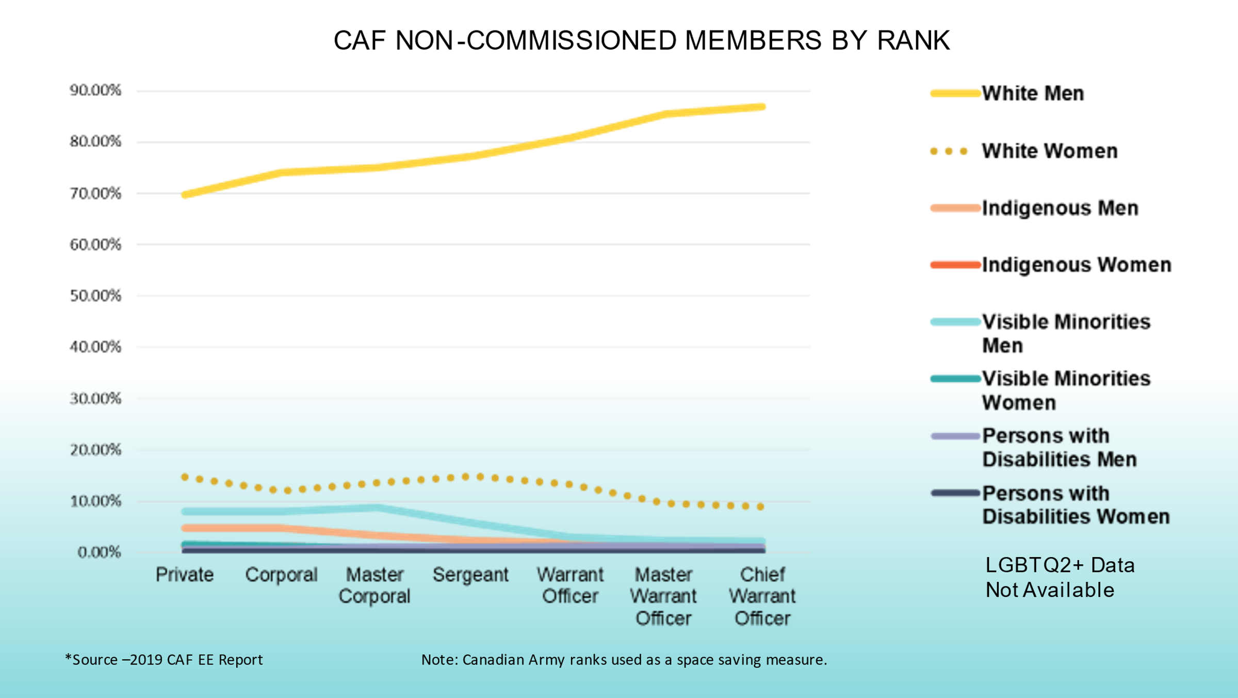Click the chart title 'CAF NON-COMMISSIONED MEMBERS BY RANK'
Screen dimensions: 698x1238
(641, 40)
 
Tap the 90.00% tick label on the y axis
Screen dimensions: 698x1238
(95, 90)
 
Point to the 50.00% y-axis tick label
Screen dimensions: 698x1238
(95, 296)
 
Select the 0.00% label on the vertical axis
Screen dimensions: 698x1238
(99, 552)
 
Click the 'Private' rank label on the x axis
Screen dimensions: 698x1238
(185, 575)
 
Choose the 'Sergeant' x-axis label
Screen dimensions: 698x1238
(470, 575)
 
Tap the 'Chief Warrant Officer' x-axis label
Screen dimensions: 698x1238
(762, 596)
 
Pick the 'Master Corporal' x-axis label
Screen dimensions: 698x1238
(374, 585)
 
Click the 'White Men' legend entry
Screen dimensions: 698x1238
(1033, 93)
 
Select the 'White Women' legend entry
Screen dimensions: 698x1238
(1049, 151)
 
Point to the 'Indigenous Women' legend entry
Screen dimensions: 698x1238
(1076, 265)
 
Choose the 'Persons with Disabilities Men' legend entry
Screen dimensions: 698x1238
(1058, 448)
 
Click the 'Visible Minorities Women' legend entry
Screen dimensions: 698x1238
(1066, 390)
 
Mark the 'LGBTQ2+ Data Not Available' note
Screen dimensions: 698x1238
(1060, 578)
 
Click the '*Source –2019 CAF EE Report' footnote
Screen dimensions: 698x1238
(164, 660)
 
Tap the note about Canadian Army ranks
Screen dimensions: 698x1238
(624, 660)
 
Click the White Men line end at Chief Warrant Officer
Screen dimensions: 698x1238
(762, 107)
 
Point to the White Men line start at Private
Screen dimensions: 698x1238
(185, 195)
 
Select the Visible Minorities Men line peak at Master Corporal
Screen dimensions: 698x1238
(378, 507)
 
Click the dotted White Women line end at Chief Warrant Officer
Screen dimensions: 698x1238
(761, 507)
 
